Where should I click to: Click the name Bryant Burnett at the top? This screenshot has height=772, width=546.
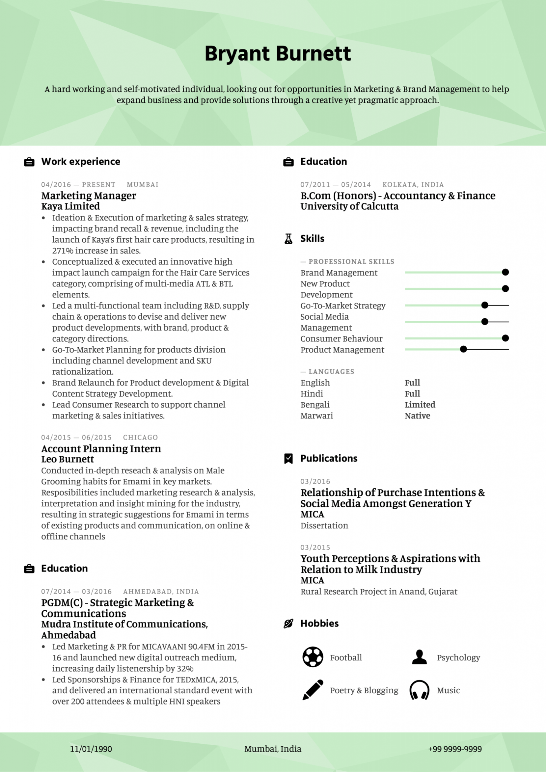pyautogui.click(x=278, y=54)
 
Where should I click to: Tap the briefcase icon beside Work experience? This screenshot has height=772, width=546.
pyautogui.click(x=29, y=162)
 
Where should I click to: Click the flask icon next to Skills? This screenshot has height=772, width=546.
pyautogui.click(x=288, y=239)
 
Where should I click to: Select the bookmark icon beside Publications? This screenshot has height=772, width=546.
pyautogui.click(x=288, y=458)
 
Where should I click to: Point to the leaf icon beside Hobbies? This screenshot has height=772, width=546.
pyautogui.click(x=288, y=623)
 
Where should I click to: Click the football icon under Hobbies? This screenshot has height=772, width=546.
pyautogui.click(x=313, y=657)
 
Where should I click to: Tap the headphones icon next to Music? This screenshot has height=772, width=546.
pyautogui.click(x=419, y=690)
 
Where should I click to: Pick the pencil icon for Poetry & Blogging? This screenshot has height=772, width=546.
pyautogui.click(x=313, y=690)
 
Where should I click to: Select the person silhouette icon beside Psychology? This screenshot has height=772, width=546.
pyautogui.click(x=419, y=657)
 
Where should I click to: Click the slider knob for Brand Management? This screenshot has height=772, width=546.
pyautogui.click(x=505, y=272)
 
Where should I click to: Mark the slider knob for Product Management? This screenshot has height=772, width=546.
pyautogui.click(x=463, y=349)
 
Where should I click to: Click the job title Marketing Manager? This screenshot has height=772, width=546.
pyautogui.click(x=89, y=196)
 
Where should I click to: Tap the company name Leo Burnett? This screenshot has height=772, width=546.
pyautogui.click(x=67, y=459)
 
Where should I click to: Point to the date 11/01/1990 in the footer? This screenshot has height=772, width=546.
pyautogui.click(x=91, y=749)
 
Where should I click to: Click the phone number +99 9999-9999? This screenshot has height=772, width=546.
pyautogui.click(x=455, y=749)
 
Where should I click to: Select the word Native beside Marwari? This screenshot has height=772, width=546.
pyautogui.click(x=417, y=416)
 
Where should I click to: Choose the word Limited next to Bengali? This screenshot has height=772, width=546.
pyautogui.click(x=420, y=405)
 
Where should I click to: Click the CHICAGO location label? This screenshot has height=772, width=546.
pyautogui.click(x=140, y=437)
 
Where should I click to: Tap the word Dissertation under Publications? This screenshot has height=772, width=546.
pyautogui.click(x=324, y=525)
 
